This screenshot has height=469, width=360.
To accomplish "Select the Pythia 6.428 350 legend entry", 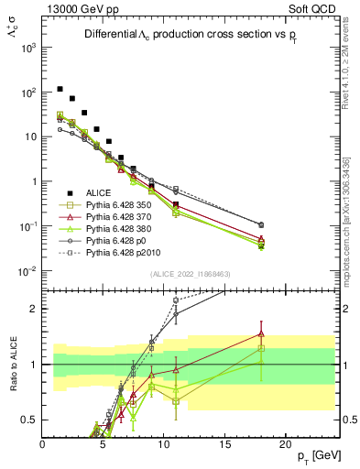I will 117,205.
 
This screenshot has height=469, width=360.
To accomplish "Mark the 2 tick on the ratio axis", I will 34,309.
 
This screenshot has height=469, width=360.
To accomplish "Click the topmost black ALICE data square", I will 60,89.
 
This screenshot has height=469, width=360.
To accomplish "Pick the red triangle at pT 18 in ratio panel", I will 261,333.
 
